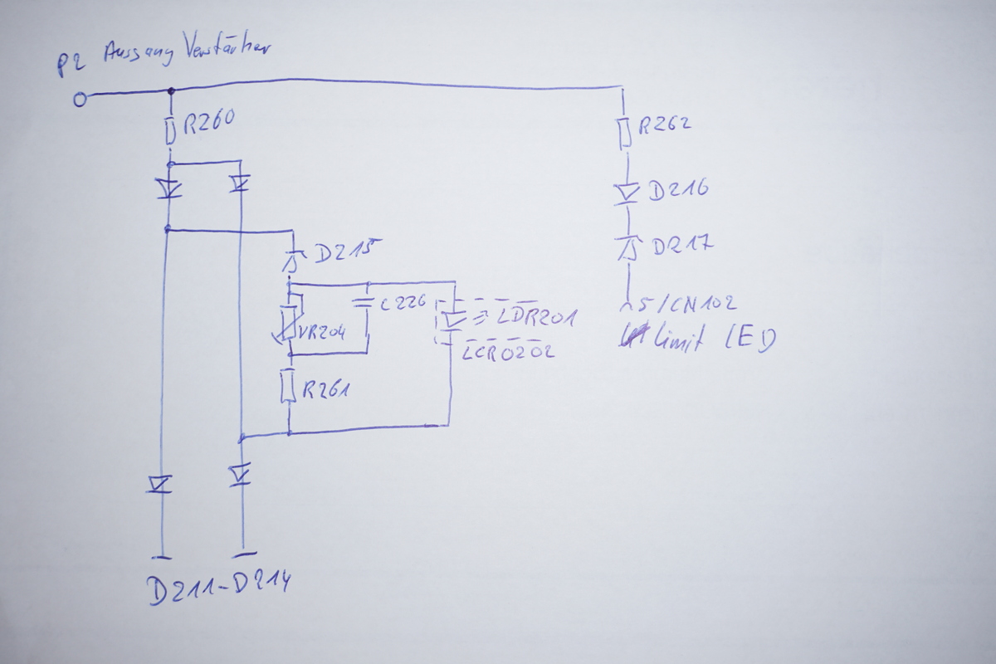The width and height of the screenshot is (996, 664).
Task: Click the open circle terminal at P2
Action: pyautogui.click(x=80, y=100)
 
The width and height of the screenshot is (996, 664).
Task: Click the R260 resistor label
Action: pyautogui.click(x=207, y=123)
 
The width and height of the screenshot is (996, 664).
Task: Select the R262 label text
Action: pyautogui.click(x=664, y=126)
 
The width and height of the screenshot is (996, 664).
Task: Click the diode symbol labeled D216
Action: pyautogui.click(x=627, y=193)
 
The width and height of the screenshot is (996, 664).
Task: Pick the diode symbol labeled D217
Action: pyautogui.click(x=628, y=247)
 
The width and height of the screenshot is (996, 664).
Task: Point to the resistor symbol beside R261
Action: pyautogui.click(x=290, y=387)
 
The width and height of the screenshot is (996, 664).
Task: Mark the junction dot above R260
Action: pyautogui.click(x=171, y=90)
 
